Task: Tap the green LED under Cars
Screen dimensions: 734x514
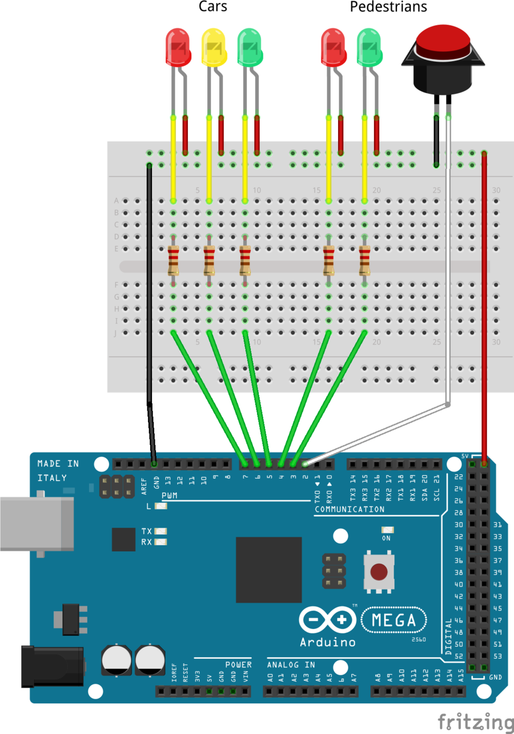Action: [250, 47]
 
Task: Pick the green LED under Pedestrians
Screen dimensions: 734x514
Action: [369, 47]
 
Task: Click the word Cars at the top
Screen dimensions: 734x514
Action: [213, 7]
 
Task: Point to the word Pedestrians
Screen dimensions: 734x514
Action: [388, 7]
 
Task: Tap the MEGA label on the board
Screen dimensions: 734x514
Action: [394, 620]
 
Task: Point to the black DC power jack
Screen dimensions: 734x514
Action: [51, 665]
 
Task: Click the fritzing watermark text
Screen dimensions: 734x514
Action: [475, 721]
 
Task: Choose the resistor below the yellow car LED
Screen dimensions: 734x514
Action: [209, 260]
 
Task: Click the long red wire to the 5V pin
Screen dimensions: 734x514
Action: [484, 308]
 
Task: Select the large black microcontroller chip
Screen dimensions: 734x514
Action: [268, 569]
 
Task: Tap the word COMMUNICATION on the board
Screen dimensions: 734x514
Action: [350, 509]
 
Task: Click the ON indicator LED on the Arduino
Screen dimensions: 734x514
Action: [387, 530]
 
